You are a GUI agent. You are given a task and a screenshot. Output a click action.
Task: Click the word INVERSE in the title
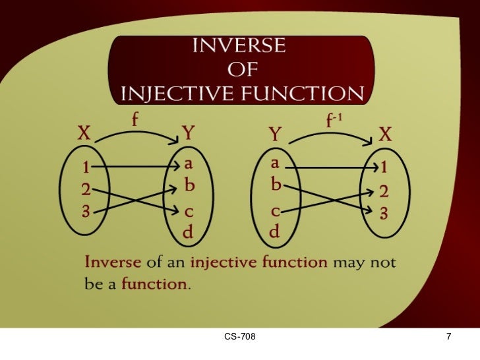point(239,47)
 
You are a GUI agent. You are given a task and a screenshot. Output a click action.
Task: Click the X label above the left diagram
point(84,135)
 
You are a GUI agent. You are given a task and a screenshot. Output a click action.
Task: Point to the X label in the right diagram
point(385,135)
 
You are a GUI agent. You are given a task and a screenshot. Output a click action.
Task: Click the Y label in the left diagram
point(189,134)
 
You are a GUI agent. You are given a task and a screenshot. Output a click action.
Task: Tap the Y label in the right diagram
point(276,136)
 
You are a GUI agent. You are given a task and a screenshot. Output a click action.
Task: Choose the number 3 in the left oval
point(86,212)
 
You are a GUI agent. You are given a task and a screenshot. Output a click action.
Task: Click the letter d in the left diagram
point(188,232)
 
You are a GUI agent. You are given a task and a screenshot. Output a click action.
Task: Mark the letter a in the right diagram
point(275,163)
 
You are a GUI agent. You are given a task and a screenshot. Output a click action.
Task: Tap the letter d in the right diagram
point(274,232)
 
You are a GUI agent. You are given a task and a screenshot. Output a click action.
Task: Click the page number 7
point(448,338)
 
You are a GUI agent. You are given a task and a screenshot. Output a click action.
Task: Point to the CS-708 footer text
point(239,338)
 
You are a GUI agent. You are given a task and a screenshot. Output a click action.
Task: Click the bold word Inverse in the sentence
point(113,262)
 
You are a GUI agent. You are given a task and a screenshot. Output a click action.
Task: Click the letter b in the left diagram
point(189,187)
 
